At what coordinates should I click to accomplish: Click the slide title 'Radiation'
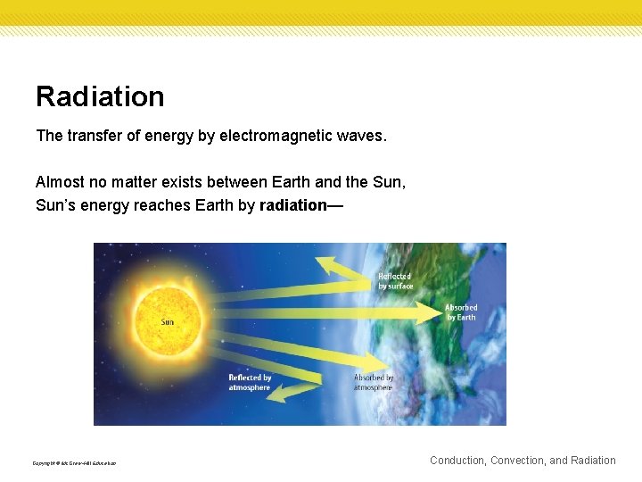(x=100, y=96)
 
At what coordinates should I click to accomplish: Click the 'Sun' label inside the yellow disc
(x=167, y=321)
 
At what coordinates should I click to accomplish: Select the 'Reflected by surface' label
(x=395, y=281)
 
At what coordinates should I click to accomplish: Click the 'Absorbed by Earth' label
(x=461, y=312)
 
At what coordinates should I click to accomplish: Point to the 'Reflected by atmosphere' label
(x=250, y=383)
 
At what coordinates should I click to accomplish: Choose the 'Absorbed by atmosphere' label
(x=373, y=382)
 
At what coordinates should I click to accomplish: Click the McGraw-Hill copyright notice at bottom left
(x=74, y=463)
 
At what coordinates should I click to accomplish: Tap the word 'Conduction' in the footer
(x=458, y=461)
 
